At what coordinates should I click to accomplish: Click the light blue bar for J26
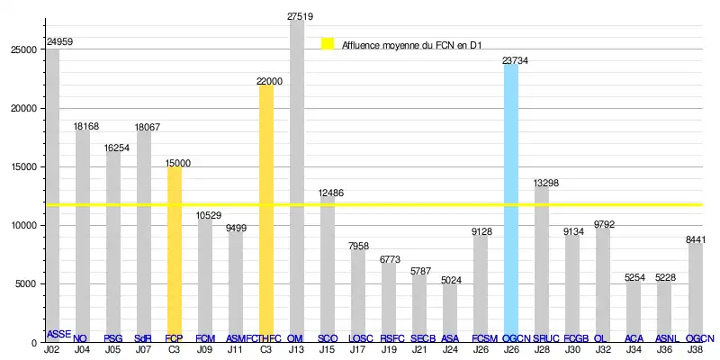coord(511,202)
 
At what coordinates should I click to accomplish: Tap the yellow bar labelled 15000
coord(174,252)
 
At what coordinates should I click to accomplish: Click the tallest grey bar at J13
coord(296,180)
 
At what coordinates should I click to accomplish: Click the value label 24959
coord(60,41)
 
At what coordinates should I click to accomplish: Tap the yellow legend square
coord(328,43)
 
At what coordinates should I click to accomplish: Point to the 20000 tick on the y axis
coord(24,108)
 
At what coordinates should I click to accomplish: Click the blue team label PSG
coord(112,338)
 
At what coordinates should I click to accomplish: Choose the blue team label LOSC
coord(360,338)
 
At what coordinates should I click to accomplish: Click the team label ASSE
coord(58,334)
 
